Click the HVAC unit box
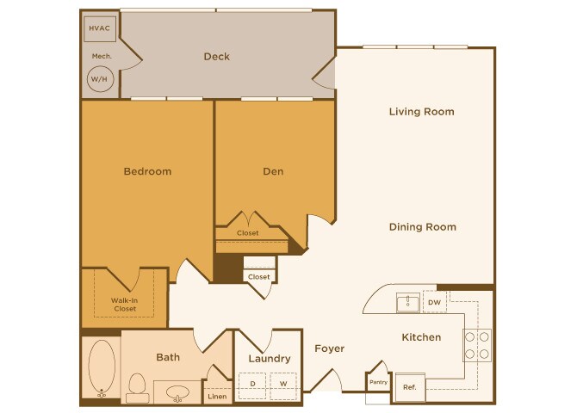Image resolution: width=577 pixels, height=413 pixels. tap(99, 29)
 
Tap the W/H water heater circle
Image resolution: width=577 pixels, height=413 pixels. tap(99, 79)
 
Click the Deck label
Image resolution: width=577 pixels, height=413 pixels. tap(216, 57)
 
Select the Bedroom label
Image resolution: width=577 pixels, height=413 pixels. tap(147, 171)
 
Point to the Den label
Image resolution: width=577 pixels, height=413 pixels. tap(273, 171)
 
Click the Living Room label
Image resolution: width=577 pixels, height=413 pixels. tap(421, 112)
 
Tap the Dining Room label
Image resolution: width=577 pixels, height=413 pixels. tap(422, 227)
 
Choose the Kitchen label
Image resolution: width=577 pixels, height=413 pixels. tap(421, 337)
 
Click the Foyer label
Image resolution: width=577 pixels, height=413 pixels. tap(329, 348)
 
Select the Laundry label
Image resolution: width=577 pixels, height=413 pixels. tap(269, 359)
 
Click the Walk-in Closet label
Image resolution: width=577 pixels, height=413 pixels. tap(125, 304)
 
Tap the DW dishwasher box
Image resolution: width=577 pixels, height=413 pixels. tap(434, 302)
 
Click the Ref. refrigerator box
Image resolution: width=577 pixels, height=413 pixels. tap(409, 388)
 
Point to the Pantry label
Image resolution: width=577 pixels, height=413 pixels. tap(378, 382)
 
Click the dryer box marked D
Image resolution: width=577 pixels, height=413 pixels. tap(252, 383)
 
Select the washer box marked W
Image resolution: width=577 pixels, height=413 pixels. tap(282, 383)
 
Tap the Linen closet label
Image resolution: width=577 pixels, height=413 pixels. tap(217, 397)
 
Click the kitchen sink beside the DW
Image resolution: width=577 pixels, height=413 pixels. tap(407, 302)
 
